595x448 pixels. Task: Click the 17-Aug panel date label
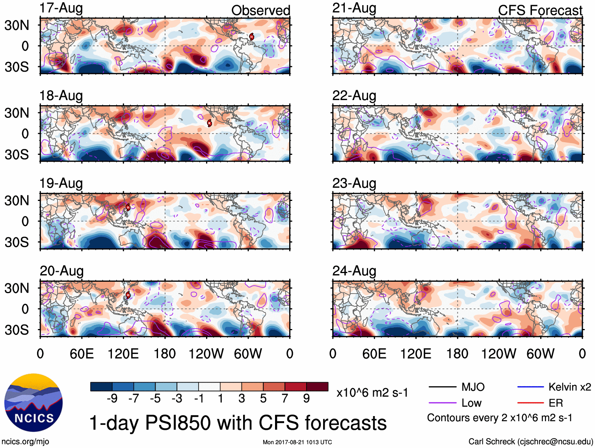click(x=61, y=8)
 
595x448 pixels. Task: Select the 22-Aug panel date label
click(x=354, y=96)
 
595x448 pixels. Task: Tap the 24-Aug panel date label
click(x=354, y=271)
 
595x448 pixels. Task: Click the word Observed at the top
click(x=260, y=11)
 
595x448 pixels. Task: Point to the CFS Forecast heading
click(x=540, y=11)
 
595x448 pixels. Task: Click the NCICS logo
click(x=33, y=403)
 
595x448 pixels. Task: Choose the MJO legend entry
click(x=457, y=387)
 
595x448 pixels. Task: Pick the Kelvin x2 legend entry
click(x=554, y=387)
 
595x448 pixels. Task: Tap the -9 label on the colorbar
click(x=112, y=399)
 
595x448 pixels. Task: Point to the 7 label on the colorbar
click(x=285, y=399)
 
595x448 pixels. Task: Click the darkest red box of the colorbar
click(x=317, y=387)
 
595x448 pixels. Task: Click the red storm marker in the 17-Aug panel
click(x=251, y=37)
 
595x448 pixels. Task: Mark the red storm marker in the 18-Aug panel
click(x=210, y=123)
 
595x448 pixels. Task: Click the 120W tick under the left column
click(x=206, y=354)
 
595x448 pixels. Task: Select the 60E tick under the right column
click(x=374, y=354)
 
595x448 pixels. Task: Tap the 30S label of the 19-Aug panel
click(x=17, y=242)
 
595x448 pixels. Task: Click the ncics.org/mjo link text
click(x=25, y=442)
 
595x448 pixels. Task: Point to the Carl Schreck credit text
click(x=530, y=442)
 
